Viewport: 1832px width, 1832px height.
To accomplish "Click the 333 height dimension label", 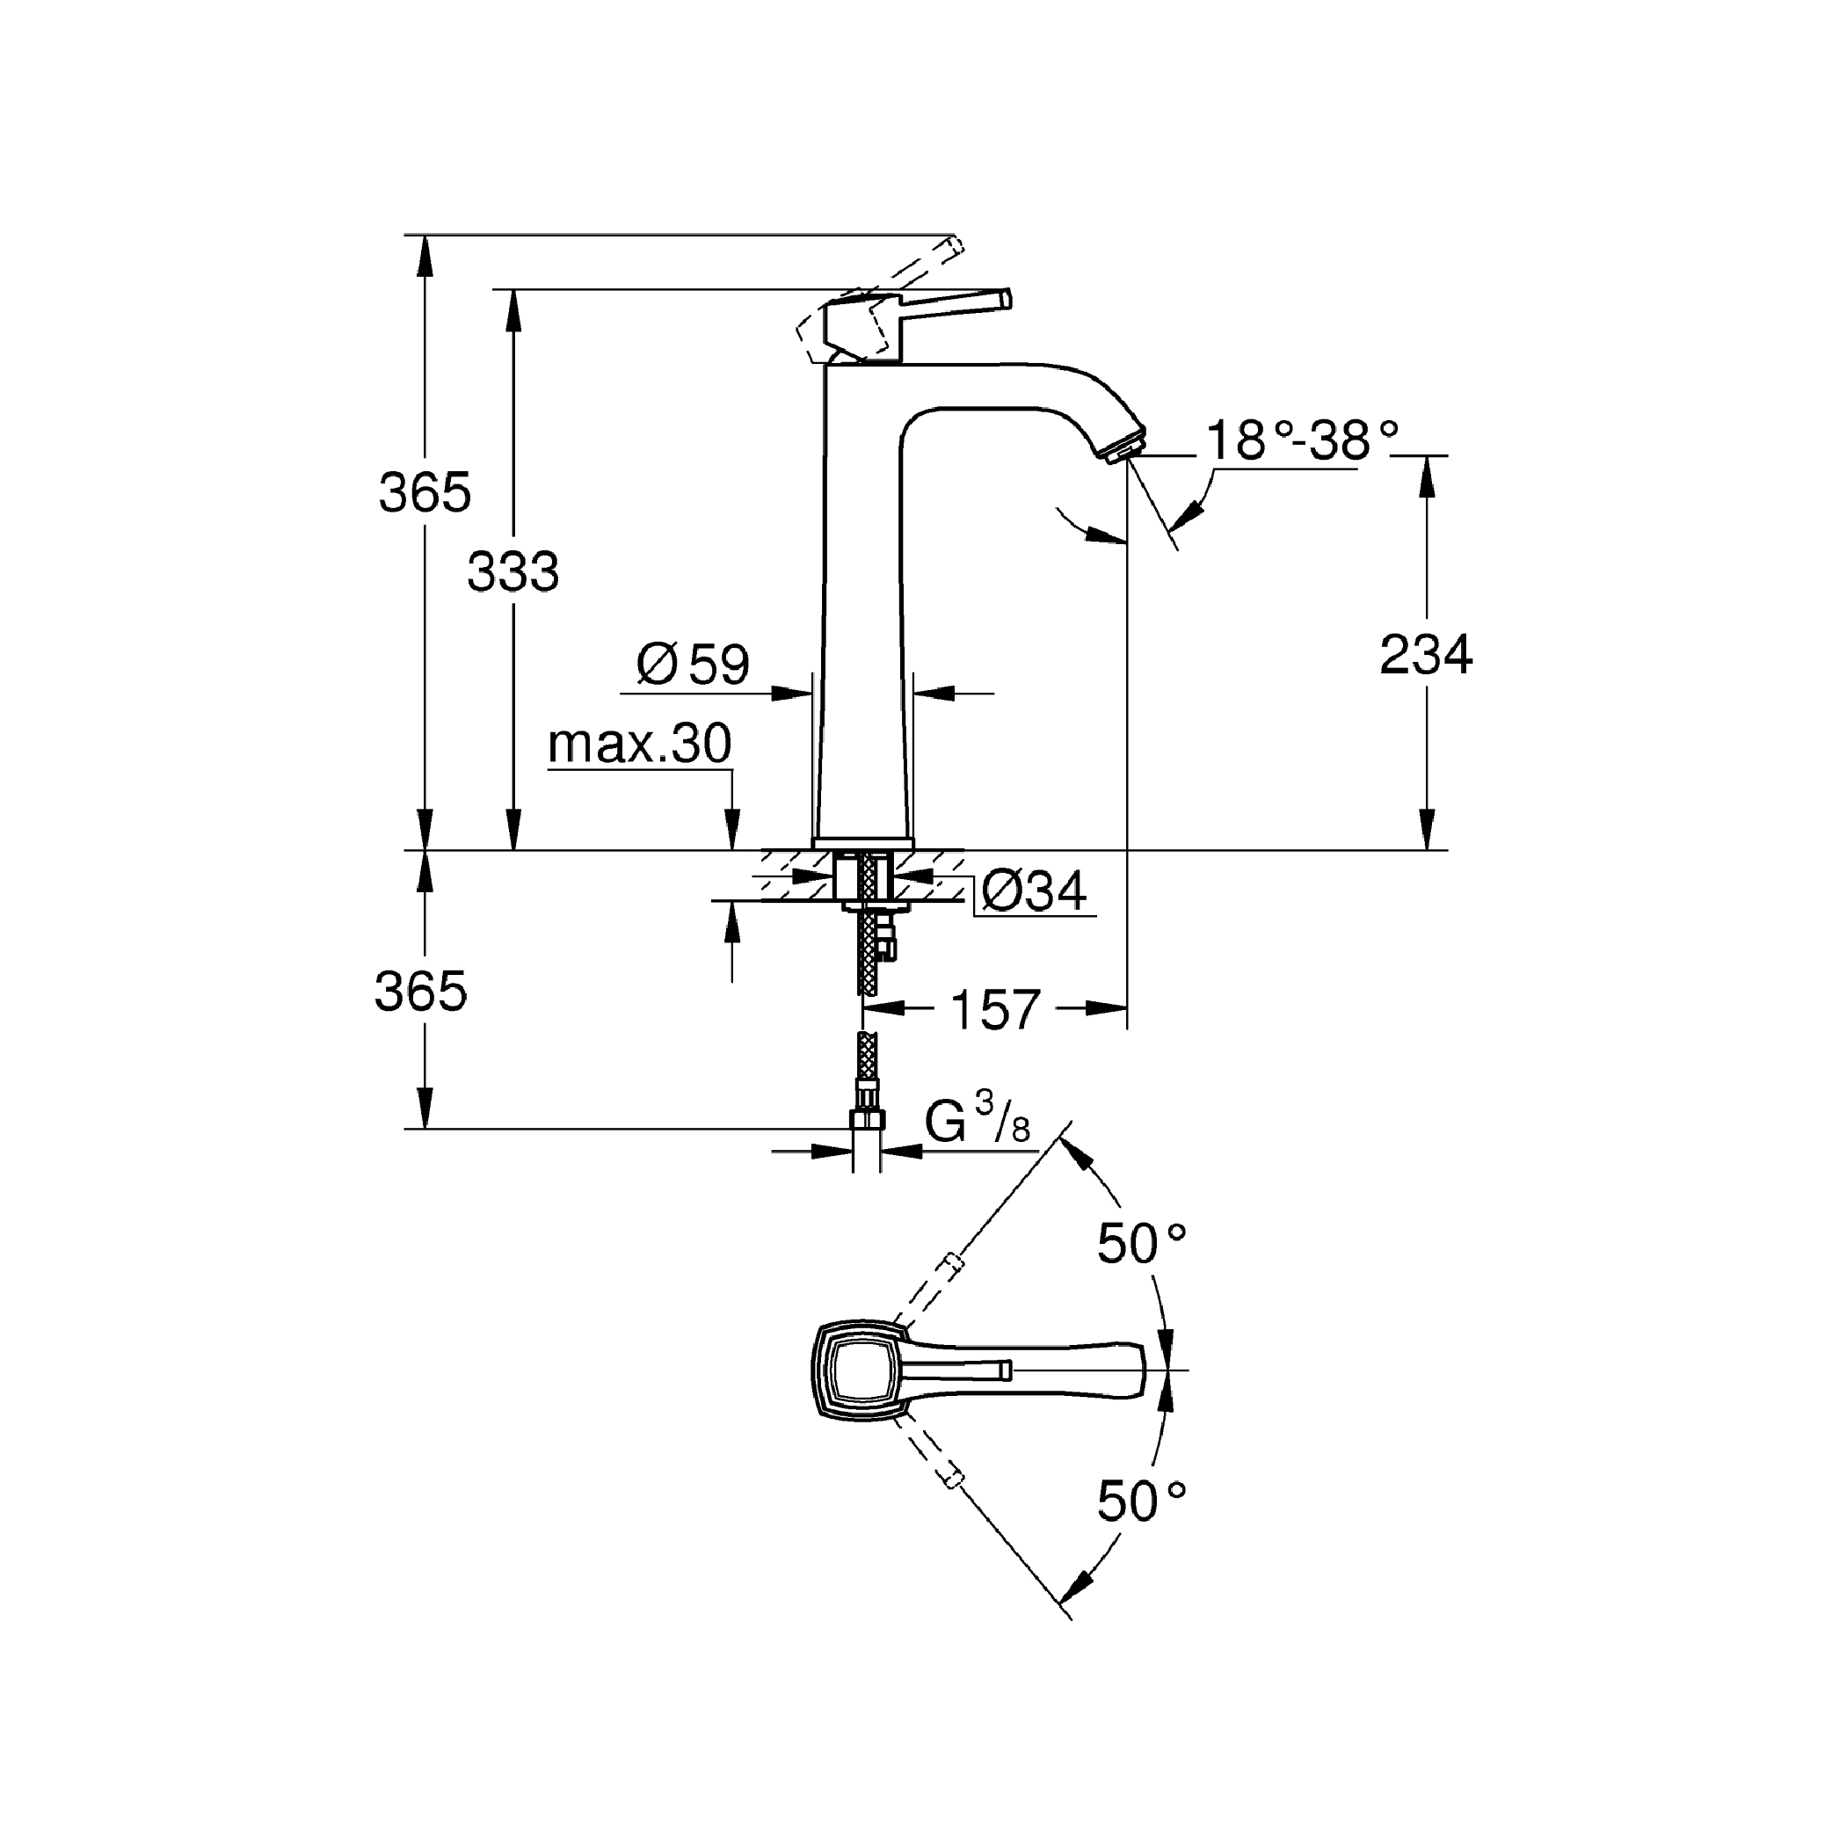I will point(513,571).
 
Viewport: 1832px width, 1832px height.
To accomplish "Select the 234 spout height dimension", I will point(1425,654).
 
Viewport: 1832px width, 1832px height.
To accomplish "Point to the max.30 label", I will point(639,745).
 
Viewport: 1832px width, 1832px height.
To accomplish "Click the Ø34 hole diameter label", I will point(1034,891).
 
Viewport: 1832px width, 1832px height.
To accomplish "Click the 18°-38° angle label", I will point(1302,441).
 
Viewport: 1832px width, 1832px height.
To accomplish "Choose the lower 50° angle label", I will point(1142,1501).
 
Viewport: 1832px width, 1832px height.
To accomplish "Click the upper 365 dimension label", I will point(425,492).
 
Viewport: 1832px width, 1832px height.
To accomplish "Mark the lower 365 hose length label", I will point(421,992).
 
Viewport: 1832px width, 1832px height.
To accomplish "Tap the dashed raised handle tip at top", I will point(954,249).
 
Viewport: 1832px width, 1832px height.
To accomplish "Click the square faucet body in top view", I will point(861,1370).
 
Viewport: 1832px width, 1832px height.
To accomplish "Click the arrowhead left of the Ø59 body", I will point(793,694).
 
